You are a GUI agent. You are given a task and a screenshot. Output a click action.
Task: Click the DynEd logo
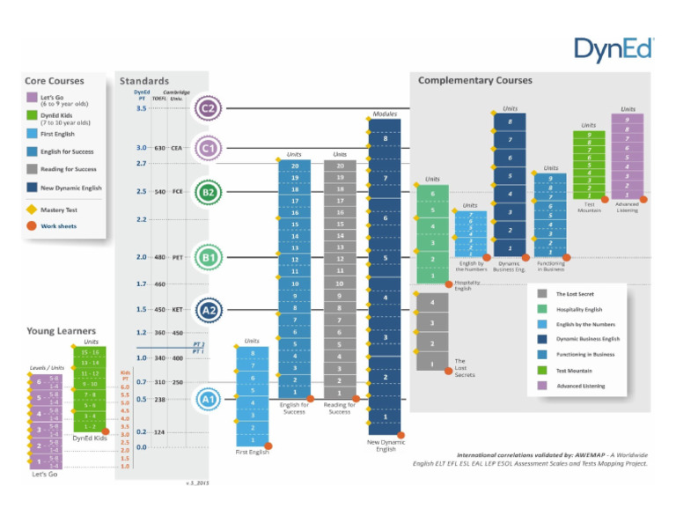(x=613, y=50)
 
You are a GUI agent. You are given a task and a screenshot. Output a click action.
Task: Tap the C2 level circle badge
(x=208, y=108)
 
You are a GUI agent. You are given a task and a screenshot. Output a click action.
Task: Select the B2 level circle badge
(x=208, y=191)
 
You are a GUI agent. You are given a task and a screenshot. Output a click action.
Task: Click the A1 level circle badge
(x=208, y=399)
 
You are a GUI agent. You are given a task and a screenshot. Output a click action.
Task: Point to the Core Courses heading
(x=55, y=81)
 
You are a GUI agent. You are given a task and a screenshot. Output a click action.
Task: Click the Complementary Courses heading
(x=474, y=80)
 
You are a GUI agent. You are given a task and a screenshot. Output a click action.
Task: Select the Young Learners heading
(x=61, y=331)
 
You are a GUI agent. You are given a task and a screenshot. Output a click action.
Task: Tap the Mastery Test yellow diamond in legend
(x=32, y=210)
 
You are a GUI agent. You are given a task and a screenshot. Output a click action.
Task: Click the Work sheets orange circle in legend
(x=32, y=225)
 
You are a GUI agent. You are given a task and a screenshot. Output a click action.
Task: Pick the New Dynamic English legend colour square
(x=32, y=188)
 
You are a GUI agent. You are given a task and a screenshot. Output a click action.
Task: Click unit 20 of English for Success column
(x=294, y=166)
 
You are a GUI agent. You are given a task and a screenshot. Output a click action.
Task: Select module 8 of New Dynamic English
(x=385, y=139)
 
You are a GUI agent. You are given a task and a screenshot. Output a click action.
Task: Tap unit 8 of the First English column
(x=252, y=352)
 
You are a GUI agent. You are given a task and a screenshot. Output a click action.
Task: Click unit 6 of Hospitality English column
(x=432, y=193)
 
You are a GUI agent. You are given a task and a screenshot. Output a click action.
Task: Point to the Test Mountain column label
(x=589, y=207)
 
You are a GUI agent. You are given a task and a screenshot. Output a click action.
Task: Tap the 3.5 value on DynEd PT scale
(x=141, y=108)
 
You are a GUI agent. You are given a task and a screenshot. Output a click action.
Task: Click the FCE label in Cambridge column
(x=177, y=191)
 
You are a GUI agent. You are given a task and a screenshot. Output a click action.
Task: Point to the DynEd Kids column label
(x=89, y=438)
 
